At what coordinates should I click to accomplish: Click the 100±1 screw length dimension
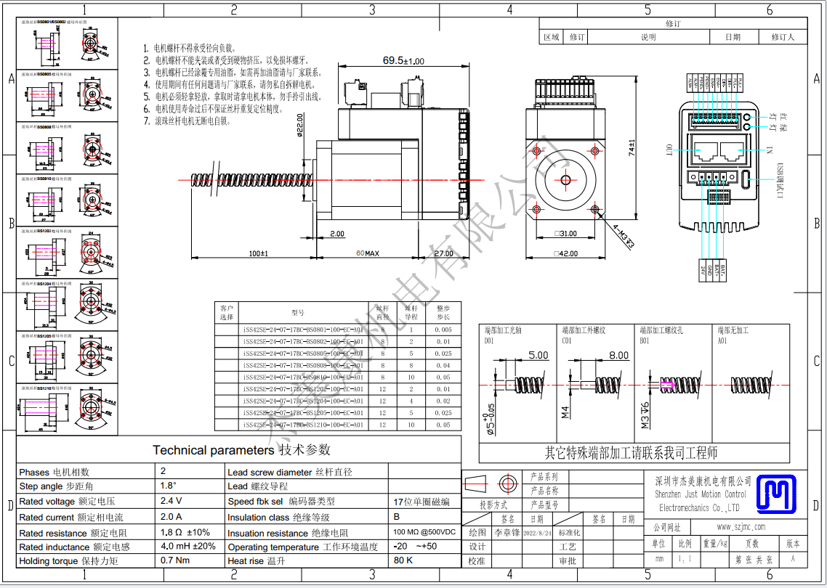pyautogui.click(x=258, y=253)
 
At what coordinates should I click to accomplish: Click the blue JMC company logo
pyautogui.click(x=777, y=494)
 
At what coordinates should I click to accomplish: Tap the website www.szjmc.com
pyautogui.click(x=740, y=526)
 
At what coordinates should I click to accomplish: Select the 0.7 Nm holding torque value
pyautogui.click(x=175, y=560)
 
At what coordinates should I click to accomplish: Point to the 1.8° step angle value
pyautogui.click(x=169, y=486)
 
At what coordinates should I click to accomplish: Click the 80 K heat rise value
pyautogui.click(x=403, y=560)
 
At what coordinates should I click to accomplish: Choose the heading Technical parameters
pyautogui.click(x=214, y=450)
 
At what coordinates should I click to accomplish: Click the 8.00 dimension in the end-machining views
pyautogui.click(x=618, y=355)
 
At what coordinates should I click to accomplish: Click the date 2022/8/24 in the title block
pyautogui.click(x=536, y=532)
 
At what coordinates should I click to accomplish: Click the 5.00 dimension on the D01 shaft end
pyautogui.click(x=538, y=355)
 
